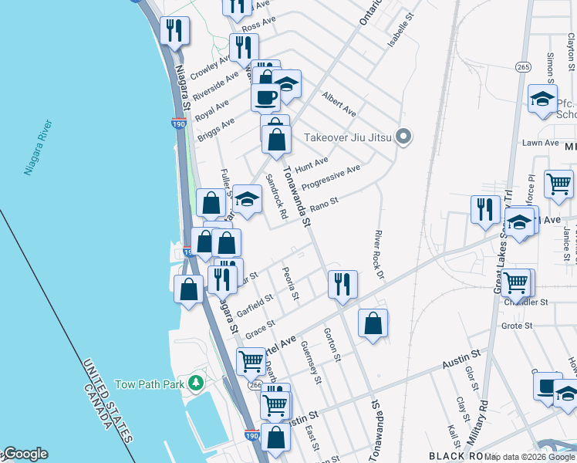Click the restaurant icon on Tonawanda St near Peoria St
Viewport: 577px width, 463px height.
click(x=342, y=285)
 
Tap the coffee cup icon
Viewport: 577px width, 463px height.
click(x=265, y=98)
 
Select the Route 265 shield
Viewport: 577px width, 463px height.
click(x=524, y=67)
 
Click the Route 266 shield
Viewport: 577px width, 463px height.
click(x=255, y=384)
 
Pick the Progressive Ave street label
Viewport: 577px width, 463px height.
click(x=331, y=179)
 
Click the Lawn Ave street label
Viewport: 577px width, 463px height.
click(x=540, y=143)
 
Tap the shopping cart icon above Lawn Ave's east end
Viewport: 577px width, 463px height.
click(x=558, y=184)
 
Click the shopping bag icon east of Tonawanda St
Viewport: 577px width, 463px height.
click(x=373, y=324)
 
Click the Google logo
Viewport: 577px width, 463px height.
click(x=25, y=455)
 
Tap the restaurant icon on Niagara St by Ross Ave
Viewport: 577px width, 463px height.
click(x=175, y=31)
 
